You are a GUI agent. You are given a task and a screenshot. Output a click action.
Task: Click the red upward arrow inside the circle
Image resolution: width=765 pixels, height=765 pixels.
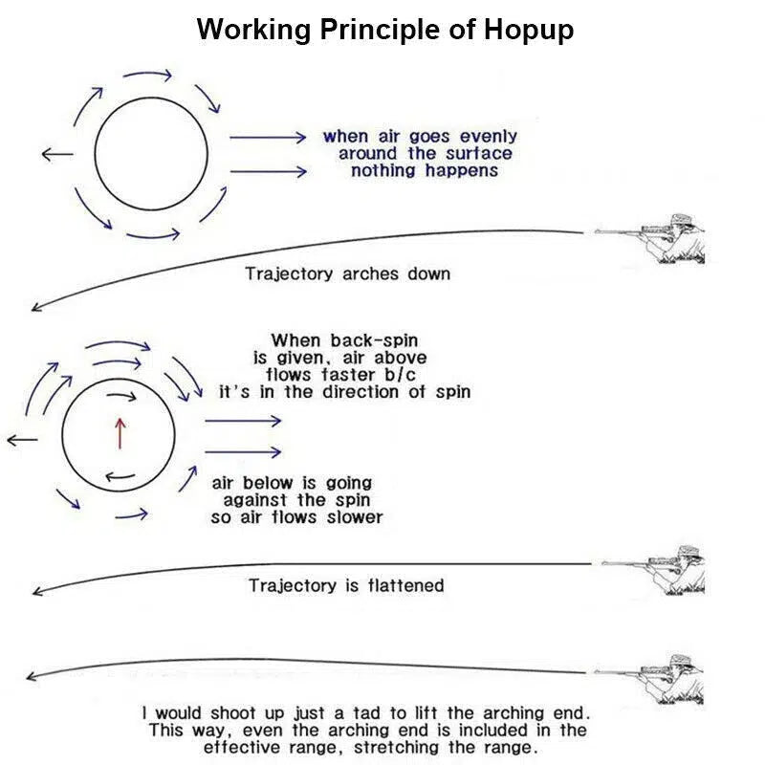pyautogui.click(x=120, y=432)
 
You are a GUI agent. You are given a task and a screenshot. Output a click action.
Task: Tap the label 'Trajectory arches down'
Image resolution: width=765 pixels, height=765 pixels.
pyautogui.click(x=347, y=273)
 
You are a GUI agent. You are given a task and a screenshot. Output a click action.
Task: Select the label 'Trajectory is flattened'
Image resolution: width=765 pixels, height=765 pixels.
pyautogui.click(x=346, y=584)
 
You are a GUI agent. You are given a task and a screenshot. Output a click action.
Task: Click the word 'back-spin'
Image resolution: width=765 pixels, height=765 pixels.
pyautogui.click(x=374, y=339)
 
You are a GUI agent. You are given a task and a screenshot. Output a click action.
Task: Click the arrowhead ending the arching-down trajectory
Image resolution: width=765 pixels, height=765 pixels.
pyautogui.click(x=36, y=307)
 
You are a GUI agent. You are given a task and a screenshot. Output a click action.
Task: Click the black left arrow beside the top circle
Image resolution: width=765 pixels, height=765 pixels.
pyautogui.click(x=57, y=154)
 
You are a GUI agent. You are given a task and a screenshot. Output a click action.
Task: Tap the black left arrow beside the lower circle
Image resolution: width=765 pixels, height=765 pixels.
pyautogui.click(x=22, y=440)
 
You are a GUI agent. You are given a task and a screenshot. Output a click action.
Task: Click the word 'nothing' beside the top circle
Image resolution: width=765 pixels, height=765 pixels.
pyautogui.click(x=384, y=170)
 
